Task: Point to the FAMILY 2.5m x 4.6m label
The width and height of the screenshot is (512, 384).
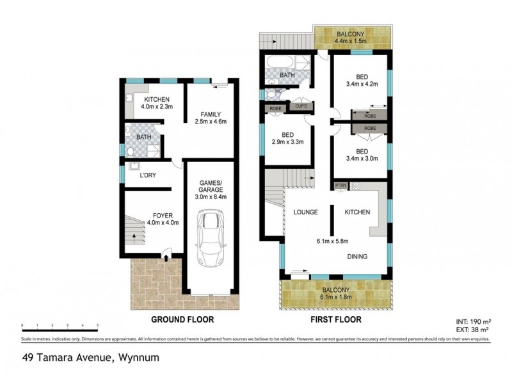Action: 210,117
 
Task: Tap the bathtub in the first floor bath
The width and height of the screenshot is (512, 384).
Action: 279,64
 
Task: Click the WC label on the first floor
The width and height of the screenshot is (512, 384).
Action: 278,92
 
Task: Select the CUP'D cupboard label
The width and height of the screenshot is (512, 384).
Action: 300,107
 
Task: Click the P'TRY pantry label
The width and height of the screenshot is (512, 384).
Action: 340,186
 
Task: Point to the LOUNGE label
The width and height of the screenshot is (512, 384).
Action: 306,212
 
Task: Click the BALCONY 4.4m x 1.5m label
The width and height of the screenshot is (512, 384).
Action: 351,37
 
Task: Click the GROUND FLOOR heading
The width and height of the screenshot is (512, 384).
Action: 182,318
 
